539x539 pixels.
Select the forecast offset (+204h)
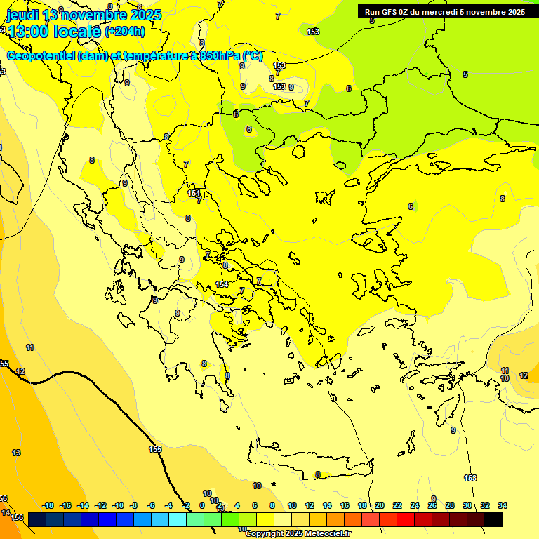point(124,32)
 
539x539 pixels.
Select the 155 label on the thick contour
point(156,449)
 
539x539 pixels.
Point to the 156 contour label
point(18,517)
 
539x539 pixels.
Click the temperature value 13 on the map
point(16,453)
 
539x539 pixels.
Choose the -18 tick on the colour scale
point(48,505)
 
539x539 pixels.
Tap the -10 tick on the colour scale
point(119,505)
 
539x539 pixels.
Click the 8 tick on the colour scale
point(272,505)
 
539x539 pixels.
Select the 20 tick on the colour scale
point(380,505)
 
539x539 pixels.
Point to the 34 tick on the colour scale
point(503,505)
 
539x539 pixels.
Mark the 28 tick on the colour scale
point(450,505)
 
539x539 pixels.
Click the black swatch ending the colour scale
point(493,519)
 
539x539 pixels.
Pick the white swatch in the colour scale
point(283,519)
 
